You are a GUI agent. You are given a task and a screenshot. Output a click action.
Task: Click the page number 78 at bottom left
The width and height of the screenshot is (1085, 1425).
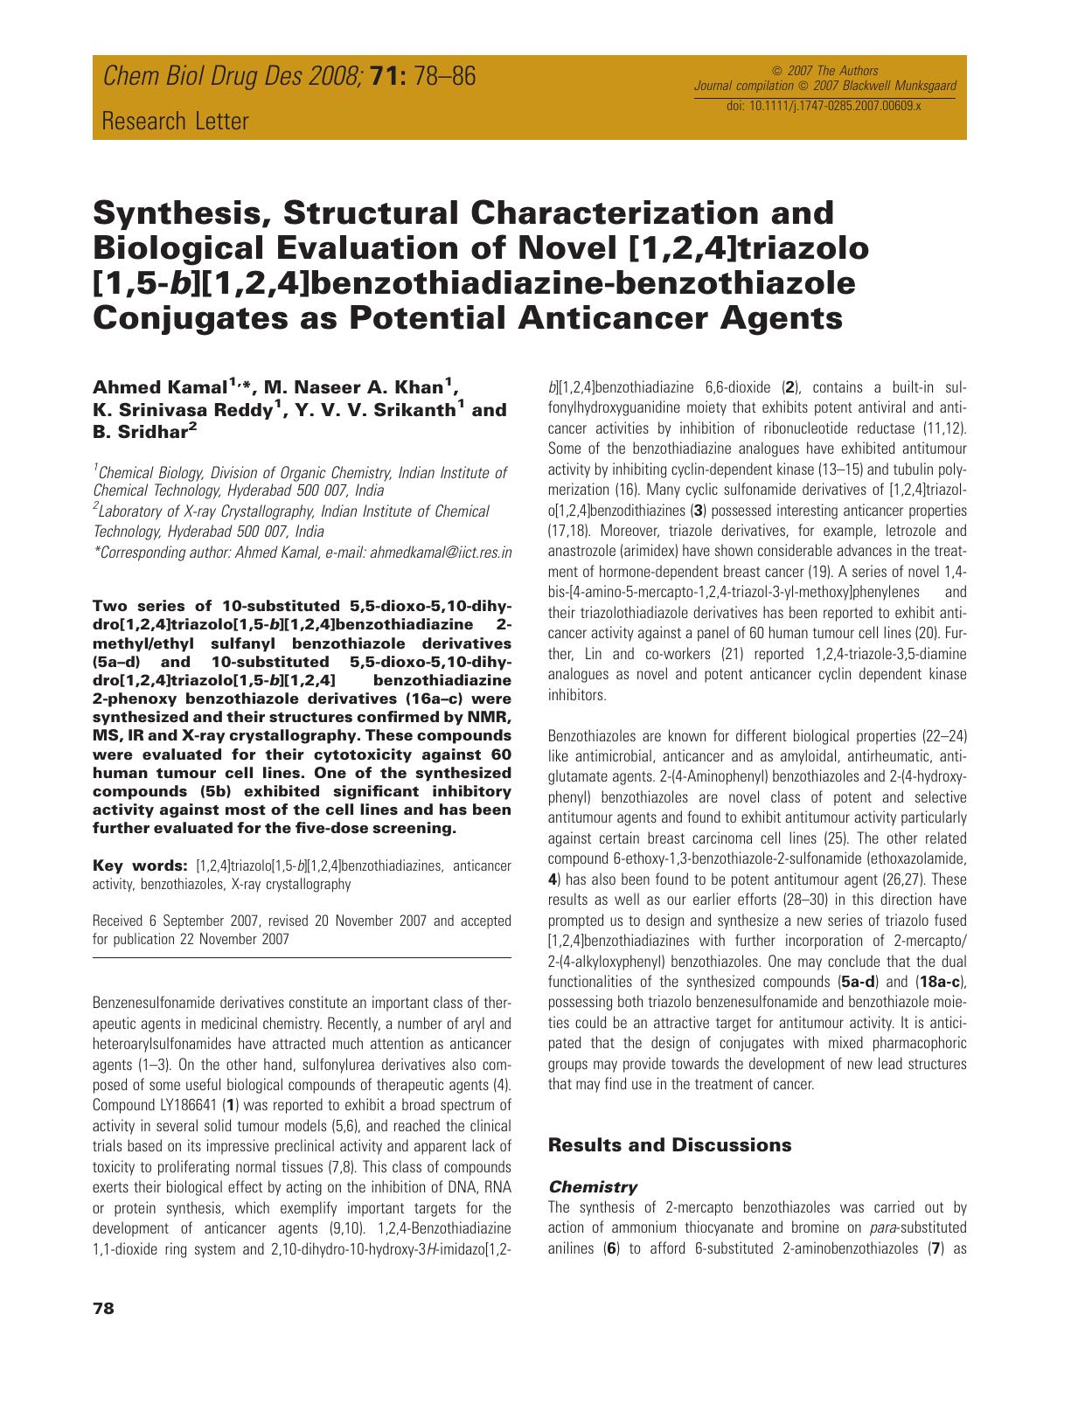tap(103, 1309)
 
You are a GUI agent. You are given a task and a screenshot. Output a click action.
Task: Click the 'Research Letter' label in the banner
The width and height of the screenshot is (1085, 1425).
tap(175, 121)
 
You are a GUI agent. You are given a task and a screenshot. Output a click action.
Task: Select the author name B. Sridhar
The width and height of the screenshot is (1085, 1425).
tap(138, 431)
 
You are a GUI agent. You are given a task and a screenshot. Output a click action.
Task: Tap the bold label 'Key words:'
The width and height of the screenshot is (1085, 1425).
tap(140, 865)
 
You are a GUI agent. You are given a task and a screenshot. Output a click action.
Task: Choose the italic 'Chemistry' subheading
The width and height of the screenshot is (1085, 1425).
tap(592, 1186)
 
